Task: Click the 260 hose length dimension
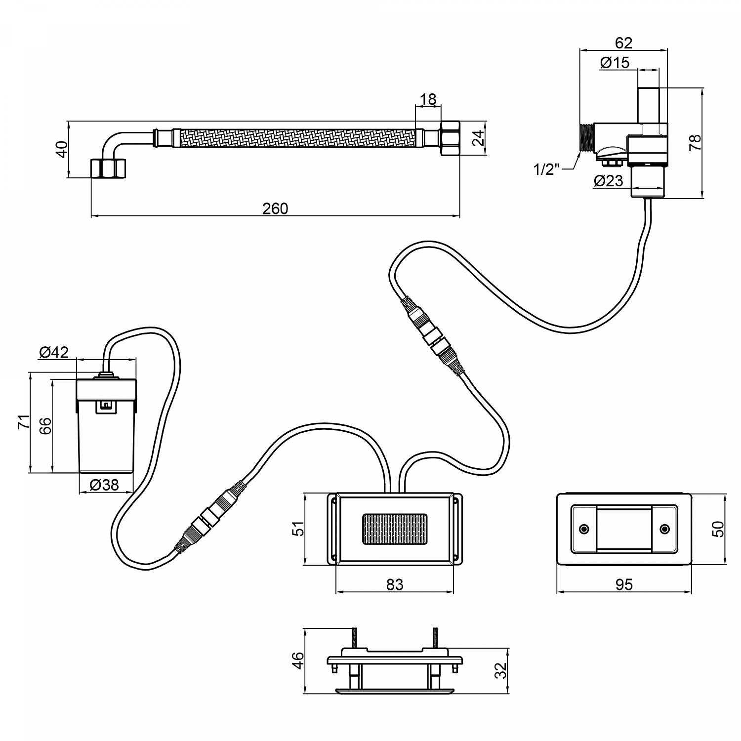pos(275,208)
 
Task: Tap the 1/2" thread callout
pos(546,169)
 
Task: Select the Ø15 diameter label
pos(615,63)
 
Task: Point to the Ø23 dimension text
pos(609,181)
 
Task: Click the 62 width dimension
pos(623,43)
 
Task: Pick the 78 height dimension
pos(695,143)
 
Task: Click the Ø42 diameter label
pos(54,352)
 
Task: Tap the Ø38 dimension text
pos(104,485)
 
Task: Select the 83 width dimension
pos(395,584)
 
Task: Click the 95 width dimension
pos(624,584)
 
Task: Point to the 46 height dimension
pos(297,660)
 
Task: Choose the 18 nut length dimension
pos(428,99)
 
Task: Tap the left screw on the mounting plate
pos(584,529)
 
